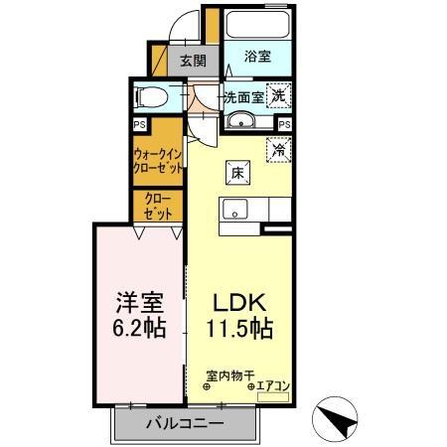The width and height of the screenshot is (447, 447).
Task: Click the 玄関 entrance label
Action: [x=193, y=61]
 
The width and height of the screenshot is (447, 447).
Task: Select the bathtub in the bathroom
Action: [x=257, y=26]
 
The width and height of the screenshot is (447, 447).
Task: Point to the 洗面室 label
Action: [x=241, y=97]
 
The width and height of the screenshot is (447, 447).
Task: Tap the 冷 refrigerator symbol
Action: [x=280, y=149]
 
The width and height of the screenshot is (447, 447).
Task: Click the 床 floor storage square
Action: [x=237, y=171]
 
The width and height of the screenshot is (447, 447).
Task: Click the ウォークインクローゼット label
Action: [x=157, y=161]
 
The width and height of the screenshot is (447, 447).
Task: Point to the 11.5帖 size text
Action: [x=241, y=328]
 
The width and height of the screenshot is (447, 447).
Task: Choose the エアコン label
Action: [x=273, y=385]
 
